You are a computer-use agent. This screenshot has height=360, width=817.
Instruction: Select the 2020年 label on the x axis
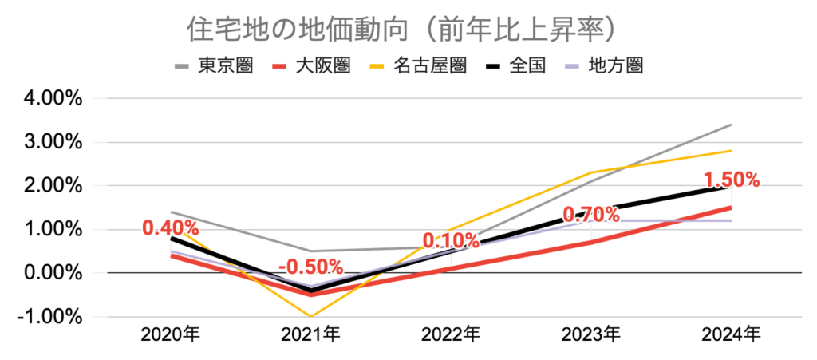[x=172, y=334]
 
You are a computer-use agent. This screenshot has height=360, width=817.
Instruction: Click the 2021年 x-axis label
[x=311, y=334]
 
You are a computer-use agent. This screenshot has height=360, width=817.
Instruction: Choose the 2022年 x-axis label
[x=451, y=334]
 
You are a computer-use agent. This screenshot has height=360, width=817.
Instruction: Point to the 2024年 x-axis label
[x=731, y=334]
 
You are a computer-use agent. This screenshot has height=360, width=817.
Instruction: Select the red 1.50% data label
[x=731, y=180]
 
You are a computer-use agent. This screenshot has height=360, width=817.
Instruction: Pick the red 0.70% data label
[x=591, y=214]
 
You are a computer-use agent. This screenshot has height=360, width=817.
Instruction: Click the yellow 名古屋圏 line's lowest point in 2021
[x=311, y=317]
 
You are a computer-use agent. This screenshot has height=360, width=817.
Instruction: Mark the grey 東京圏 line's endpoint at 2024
[x=731, y=125]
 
